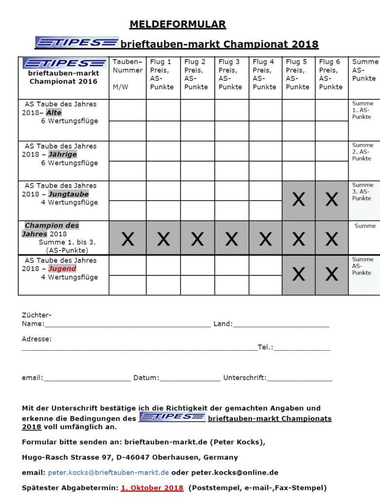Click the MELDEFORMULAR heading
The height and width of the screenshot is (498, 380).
click(x=178, y=24)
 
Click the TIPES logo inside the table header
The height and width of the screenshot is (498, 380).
click(x=64, y=63)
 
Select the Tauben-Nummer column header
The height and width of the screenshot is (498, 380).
click(x=127, y=74)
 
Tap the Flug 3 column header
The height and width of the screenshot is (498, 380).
click(x=229, y=74)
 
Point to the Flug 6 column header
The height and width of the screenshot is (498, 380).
click(x=331, y=74)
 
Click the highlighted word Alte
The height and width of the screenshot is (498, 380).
click(x=54, y=113)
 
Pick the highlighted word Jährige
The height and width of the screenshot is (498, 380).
click(x=63, y=155)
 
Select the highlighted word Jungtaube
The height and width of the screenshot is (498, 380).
click(x=69, y=194)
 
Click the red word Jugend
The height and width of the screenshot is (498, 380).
click(x=62, y=268)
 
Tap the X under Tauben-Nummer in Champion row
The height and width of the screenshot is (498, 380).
click(x=127, y=239)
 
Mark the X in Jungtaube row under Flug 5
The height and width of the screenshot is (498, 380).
click(x=298, y=199)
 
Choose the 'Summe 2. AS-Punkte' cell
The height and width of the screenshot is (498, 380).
click(x=363, y=152)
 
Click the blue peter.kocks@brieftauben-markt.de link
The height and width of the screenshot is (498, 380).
click(x=109, y=472)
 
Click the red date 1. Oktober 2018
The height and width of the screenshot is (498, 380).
click(x=152, y=488)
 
